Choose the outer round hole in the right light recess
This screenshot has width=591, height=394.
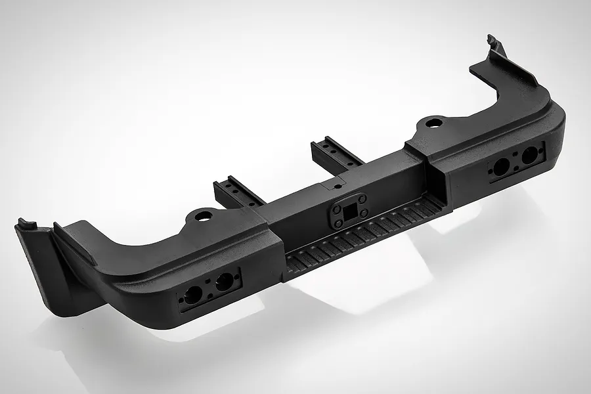pos(528,156)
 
